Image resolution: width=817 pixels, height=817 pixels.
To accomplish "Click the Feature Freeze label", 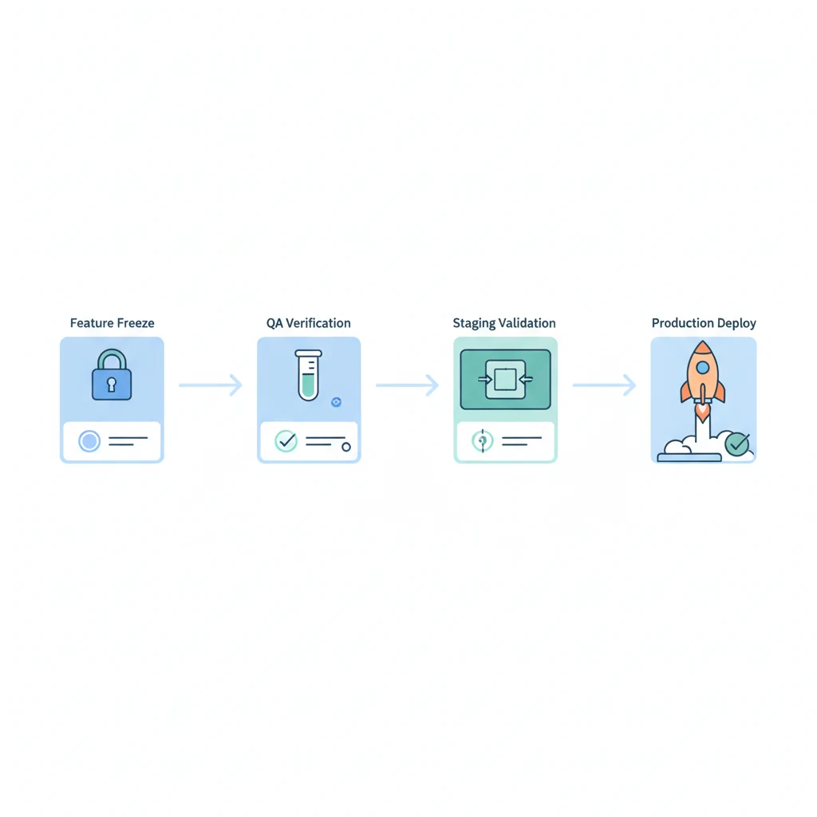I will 112,323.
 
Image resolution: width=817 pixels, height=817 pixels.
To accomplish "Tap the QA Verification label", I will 308,323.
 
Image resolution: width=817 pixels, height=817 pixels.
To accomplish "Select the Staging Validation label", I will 504,323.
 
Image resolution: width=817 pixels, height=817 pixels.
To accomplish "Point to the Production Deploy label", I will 704,323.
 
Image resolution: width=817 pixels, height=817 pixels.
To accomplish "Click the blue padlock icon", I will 112,377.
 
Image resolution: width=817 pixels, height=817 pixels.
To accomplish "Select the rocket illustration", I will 702,375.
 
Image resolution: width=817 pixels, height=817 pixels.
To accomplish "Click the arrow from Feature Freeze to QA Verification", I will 210,385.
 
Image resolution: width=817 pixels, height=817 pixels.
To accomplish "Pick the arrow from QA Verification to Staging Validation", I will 407,385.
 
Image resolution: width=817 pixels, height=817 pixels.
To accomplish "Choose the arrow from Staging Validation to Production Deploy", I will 604,385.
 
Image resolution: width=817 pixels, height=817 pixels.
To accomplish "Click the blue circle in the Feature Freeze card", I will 89,440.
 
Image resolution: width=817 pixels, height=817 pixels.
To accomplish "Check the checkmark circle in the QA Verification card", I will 285,440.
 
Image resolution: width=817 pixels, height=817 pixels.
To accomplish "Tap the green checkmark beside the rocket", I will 737,444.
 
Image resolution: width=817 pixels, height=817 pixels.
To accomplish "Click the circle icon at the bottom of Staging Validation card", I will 483,440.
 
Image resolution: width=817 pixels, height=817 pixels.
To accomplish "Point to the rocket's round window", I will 702,367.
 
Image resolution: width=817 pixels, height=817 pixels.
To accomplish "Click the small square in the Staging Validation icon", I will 505,379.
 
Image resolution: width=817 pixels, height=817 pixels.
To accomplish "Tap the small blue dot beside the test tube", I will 336,403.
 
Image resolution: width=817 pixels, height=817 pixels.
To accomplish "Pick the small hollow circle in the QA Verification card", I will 346,447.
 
